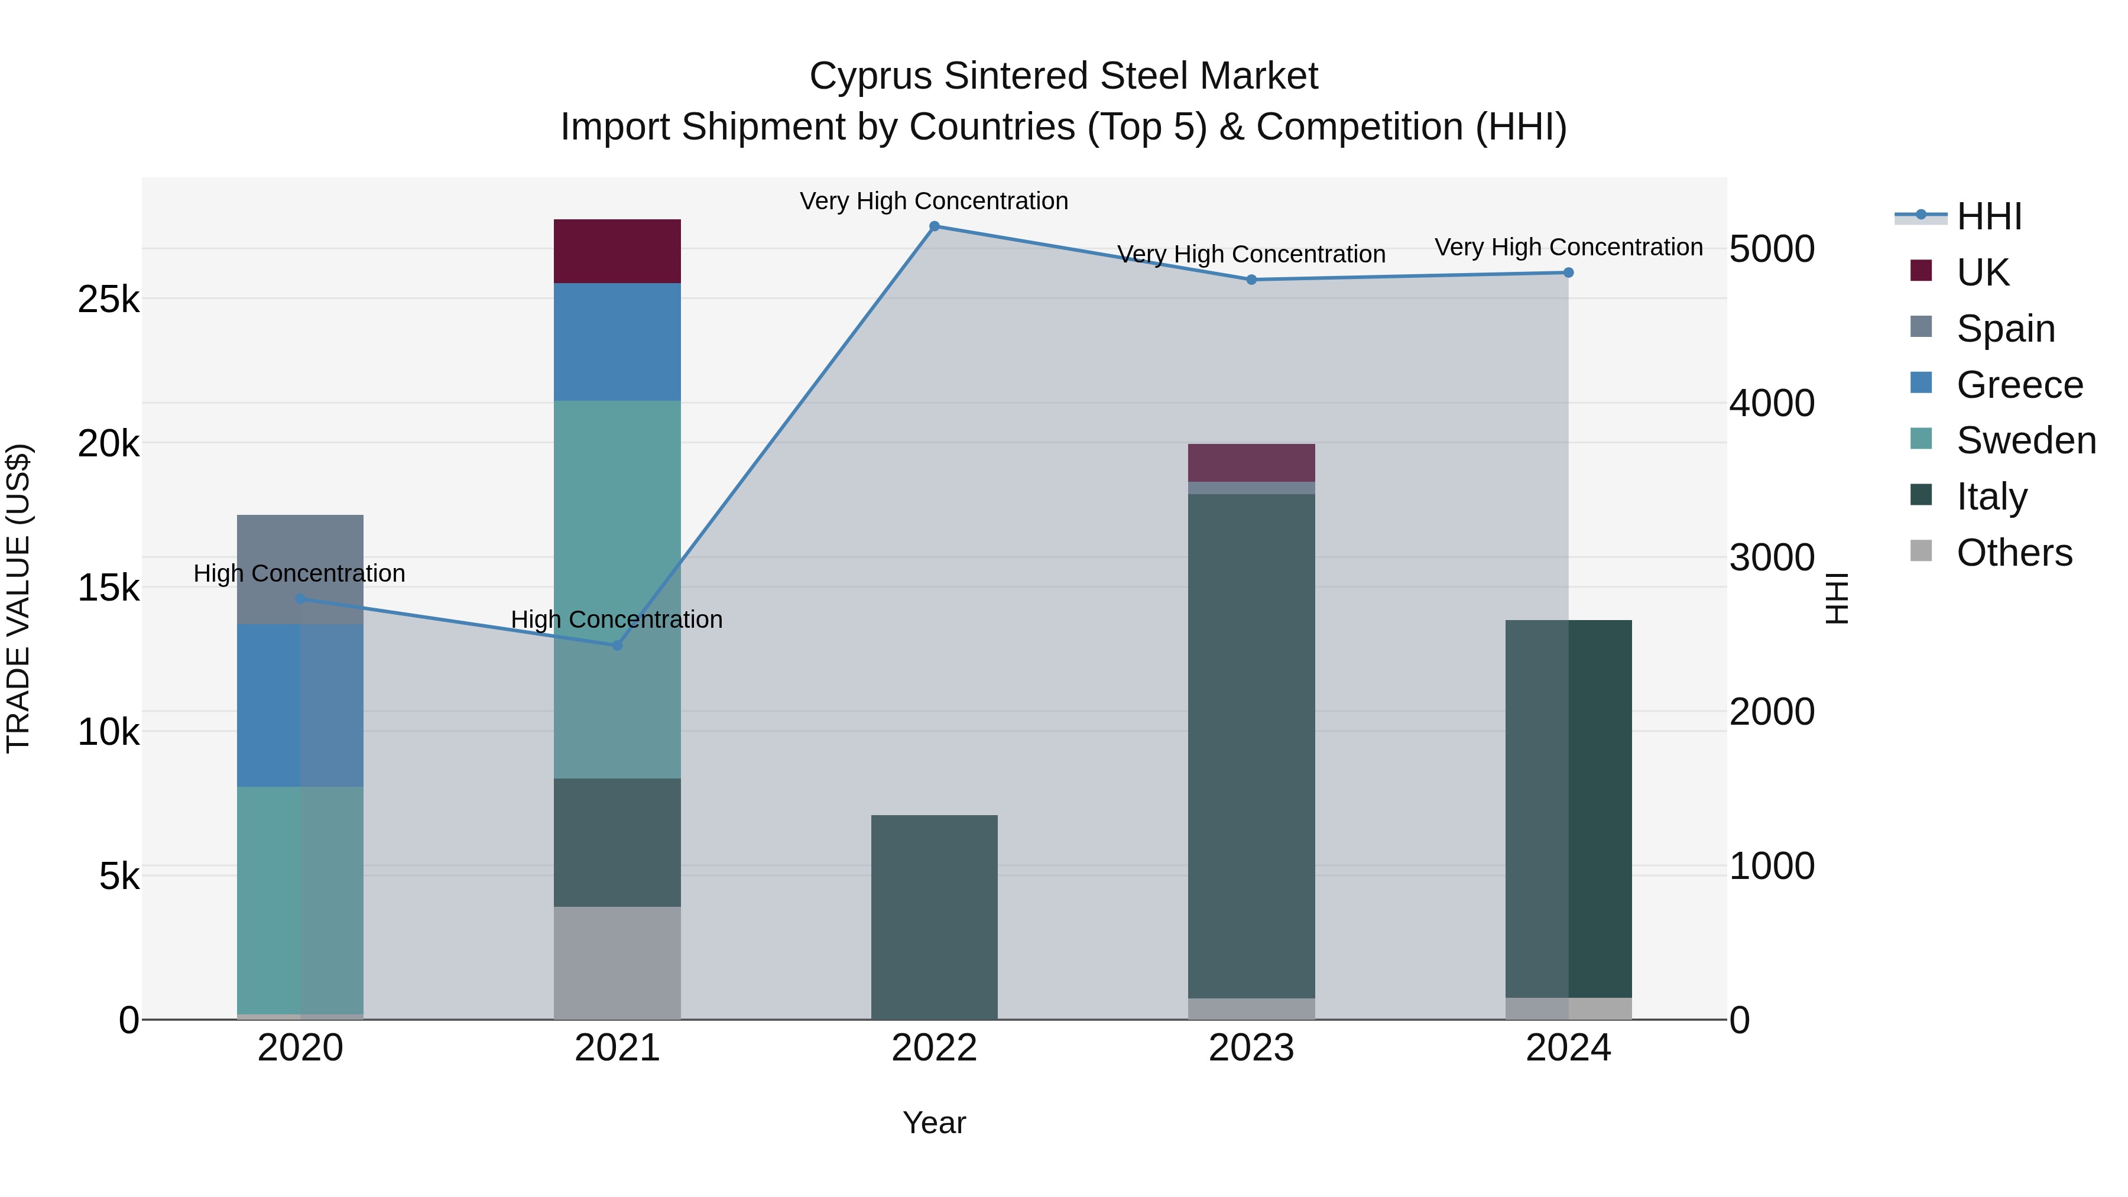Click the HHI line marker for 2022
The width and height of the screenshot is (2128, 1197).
click(x=935, y=226)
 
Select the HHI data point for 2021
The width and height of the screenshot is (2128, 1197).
click(x=617, y=645)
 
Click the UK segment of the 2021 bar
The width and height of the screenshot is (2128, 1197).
click(x=617, y=252)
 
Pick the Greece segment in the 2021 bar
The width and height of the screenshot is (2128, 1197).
click(x=617, y=342)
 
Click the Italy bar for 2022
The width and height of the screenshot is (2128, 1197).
click(x=935, y=917)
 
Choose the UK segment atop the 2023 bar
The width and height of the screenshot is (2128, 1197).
click(x=1251, y=463)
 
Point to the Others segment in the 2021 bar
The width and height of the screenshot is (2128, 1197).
click(x=617, y=964)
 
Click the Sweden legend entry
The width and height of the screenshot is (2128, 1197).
click(x=2026, y=440)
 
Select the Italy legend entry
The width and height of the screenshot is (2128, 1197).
click(x=1991, y=497)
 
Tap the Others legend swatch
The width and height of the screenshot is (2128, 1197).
click(x=1922, y=551)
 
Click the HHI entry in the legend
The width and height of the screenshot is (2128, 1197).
click(x=1988, y=216)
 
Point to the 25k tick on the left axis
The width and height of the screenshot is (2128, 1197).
click(x=108, y=300)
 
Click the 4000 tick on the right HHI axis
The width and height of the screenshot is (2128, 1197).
click(x=1772, y=404)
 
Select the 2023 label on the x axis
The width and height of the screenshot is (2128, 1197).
click(x=1251, y=1048)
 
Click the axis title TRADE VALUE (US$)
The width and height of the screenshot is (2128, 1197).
click(x=19, y=598)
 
